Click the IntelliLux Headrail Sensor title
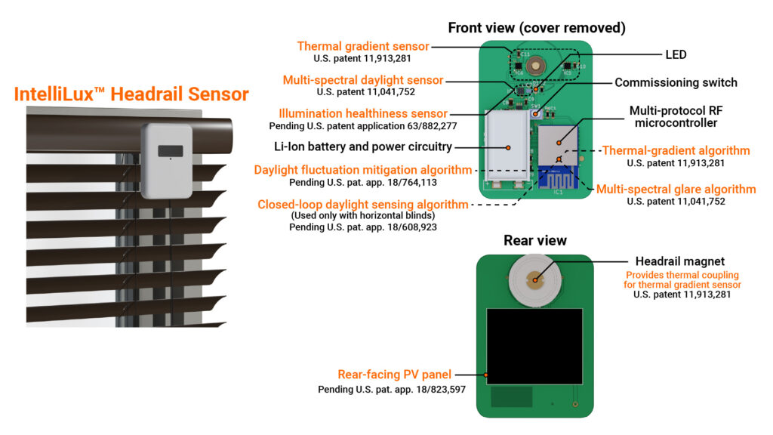click(x=131, y=94)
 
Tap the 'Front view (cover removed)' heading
click(x=536, y=28)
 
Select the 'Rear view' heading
click(x=535, y=241)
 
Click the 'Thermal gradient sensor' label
click(x=363, y=46)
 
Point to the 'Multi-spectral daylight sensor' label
click(x=363, y=80)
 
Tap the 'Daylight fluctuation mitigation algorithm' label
click(x=363, y=170)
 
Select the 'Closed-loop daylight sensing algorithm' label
click(x=362, y=204)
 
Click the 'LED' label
click(x=676, y=54)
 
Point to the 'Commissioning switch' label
click(x=676, y=82)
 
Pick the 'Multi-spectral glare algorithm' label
click(x=676, y=189)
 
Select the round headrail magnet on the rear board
click(x=535, y=280)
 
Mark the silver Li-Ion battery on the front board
click(x=508, y=147)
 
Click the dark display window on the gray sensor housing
click(x=170, y=150)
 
